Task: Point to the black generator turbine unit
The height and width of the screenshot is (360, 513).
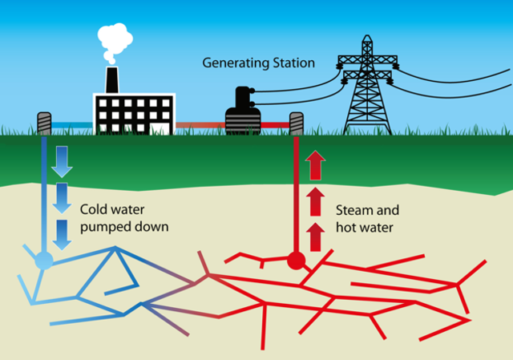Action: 243,112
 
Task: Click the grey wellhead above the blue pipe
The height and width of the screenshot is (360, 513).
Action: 43,123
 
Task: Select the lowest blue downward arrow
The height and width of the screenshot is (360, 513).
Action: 62,233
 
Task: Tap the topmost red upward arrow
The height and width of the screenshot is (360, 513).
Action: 315,165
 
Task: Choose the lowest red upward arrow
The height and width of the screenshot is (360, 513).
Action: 315,236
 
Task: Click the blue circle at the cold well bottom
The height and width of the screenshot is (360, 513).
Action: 44,260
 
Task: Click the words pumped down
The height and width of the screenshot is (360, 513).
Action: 124,227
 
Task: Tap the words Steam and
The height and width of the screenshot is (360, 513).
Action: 366,211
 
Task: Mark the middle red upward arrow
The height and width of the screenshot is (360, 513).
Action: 315,200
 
